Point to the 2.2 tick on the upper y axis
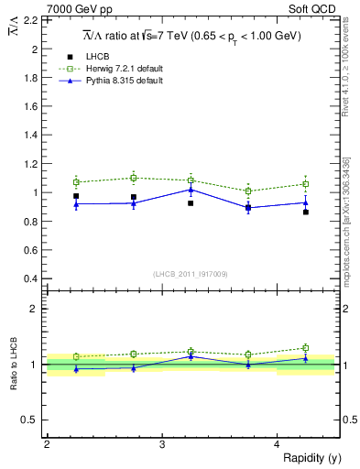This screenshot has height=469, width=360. [x=33, y=19]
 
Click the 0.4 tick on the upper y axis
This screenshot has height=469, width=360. [x=33, y=278]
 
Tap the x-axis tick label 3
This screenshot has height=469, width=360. [x=161, y=444]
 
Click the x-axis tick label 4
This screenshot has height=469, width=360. [x=277, y=444]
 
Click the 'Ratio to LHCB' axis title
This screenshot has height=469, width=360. [x=14, y=365]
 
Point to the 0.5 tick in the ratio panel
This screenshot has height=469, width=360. [x=33, y=420]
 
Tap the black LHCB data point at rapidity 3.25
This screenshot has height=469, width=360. [x=191, y=202]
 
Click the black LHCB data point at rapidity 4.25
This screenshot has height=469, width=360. [x=306, y=212]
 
